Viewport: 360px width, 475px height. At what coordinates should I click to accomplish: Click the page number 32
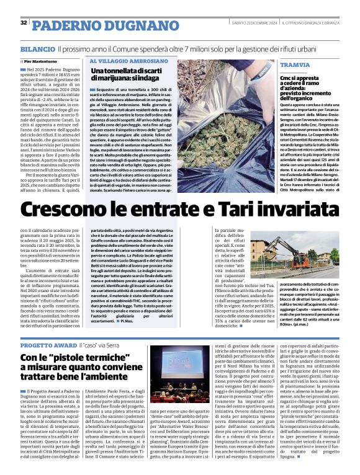click(x=23, y=23)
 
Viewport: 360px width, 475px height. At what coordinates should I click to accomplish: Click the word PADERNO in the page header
click(x=61, y=25)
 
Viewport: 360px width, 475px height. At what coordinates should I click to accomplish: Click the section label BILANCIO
click(x=37, y=48)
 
